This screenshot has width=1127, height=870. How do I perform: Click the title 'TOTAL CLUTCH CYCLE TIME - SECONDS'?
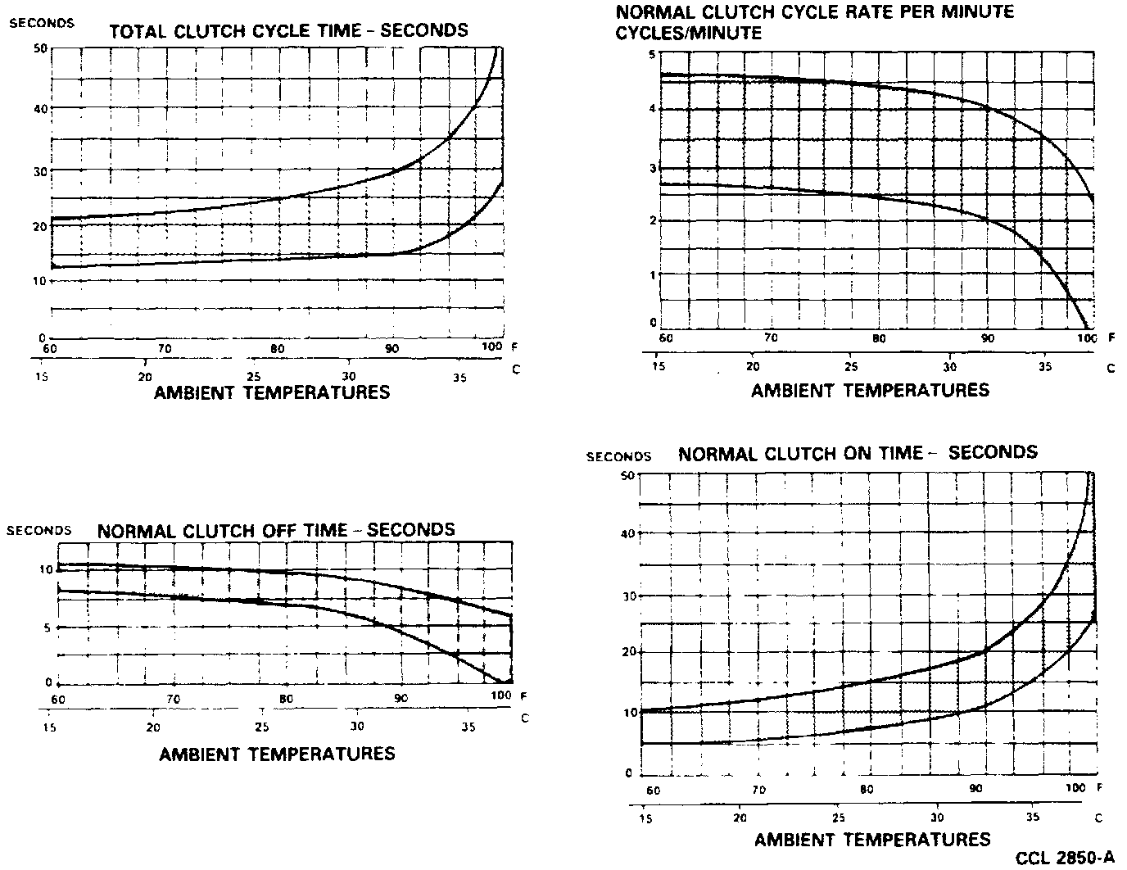click(x=288, y=31)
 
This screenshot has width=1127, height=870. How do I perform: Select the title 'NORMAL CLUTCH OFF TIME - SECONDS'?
click(x=276, y=530)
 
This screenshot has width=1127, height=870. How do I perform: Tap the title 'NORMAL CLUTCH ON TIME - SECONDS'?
click(x=858, y=453)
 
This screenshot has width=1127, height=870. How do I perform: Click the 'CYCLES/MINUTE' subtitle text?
click(x=688, y=33)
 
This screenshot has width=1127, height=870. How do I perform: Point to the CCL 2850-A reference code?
click(x=1065, y=858)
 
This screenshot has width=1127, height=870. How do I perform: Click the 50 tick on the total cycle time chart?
click(x=40, y=48)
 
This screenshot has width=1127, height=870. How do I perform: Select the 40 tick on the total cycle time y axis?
click(x=40, y=108)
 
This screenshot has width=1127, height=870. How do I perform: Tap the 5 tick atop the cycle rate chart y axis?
click(x=652, y=54)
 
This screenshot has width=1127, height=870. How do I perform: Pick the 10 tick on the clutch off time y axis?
click(x=47, y=569)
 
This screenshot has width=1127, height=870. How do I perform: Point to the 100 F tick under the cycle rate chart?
click(x=1086, y=338)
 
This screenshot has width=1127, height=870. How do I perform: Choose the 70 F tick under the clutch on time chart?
click(x=758, y=791)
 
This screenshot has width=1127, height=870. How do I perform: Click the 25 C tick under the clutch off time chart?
click(x=261, y=727)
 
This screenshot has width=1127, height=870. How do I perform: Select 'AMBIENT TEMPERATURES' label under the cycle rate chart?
click(x=870, y=391)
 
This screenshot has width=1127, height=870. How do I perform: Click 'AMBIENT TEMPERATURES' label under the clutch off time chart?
click(x=277, y=754)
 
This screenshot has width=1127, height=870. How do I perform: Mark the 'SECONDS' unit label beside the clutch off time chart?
click(x=38, y=530)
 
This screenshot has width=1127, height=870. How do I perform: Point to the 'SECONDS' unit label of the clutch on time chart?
click(x=618, y=456)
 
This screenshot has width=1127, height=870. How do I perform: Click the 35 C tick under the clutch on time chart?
click(x=1034, y=817)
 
